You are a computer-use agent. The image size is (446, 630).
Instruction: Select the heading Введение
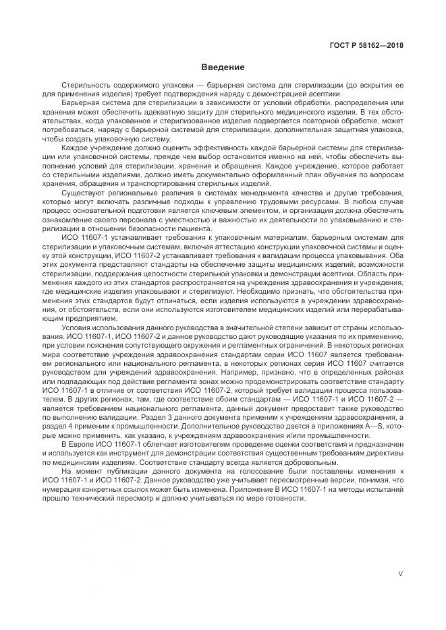[223, 67]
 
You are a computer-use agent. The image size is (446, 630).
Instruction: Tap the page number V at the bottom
[401, 574]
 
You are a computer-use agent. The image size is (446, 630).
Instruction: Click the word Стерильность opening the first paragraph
[86, 86]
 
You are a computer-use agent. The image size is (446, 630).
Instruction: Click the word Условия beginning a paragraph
[76, 327]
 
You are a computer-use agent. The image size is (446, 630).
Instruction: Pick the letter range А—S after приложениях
[364, 427]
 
